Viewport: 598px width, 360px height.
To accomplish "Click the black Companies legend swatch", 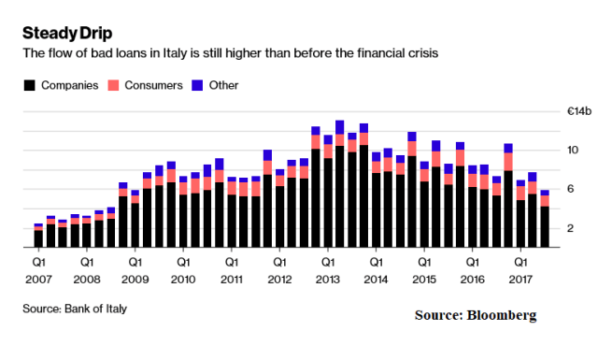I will [x=29, y=85].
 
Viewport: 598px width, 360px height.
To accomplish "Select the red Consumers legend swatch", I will [x=115, y=85].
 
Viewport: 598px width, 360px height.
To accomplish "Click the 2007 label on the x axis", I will [x=38, y=279].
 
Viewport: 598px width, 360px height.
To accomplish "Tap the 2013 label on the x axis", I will [x=327, y=279].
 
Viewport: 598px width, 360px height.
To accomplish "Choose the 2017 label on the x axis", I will [x=520, y=279].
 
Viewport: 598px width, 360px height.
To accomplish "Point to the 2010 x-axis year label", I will [x=183, y=279].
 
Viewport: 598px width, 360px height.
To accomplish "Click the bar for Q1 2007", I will [x=38, y=237].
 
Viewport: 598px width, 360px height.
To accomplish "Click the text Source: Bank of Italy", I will [x=74, y=308].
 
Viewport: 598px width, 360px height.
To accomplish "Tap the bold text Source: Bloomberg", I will [x=476, y=316].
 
